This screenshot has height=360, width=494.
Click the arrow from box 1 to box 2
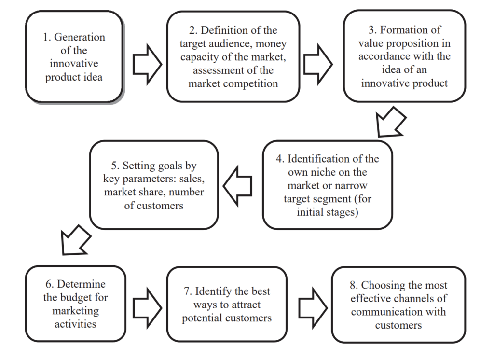[x=147, y=64]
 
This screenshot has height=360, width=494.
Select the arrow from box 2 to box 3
[x=318, y=64]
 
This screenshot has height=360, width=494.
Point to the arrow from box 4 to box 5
[x=237, y=186]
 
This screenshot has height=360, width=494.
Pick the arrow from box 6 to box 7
[x=147, y=308]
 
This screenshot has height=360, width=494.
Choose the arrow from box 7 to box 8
[x=313, y=308]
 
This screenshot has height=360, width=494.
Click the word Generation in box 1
[x=80, y=37]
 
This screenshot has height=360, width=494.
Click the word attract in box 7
[x=246, y=305]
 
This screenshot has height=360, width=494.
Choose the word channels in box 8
[x=413, y=299]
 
